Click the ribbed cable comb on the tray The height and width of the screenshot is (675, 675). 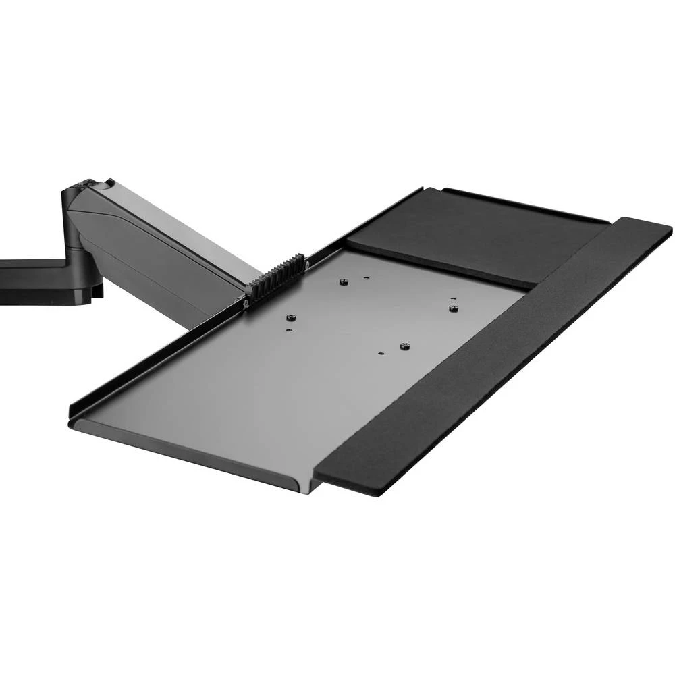tap(276, 277)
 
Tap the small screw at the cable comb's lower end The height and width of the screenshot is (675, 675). tap(248, 304)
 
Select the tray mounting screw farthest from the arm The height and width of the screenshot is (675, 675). tap(454, 308)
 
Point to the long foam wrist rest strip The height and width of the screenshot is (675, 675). tap(493, 358)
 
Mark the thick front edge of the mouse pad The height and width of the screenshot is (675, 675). tap(439, 270)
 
